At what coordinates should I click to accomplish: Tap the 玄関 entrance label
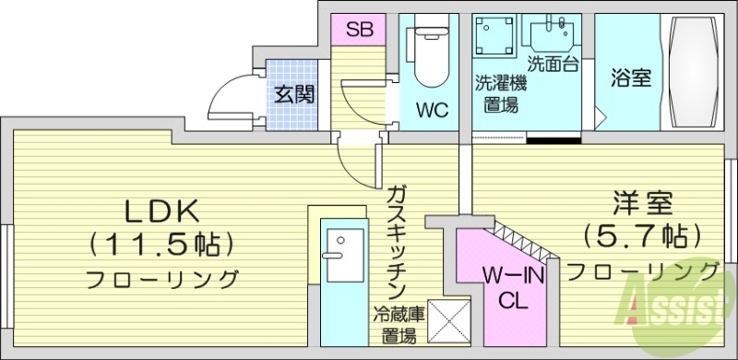tap(294, 94)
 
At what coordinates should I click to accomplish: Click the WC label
tap(431, 111)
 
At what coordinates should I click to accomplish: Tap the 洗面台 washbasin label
tap(553, 64)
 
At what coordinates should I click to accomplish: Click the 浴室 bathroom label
tap(631, 78)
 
